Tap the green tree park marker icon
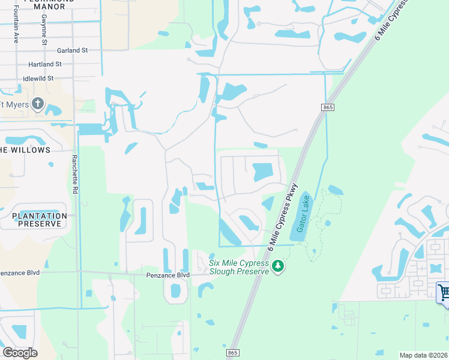tap(277, 265)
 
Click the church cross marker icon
tap(38, 104)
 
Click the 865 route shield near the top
tap(327, 107)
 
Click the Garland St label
tap(73, 50)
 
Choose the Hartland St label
tap(45, 64)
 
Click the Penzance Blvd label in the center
tap(168, 275)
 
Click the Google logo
tap(19, 353)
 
